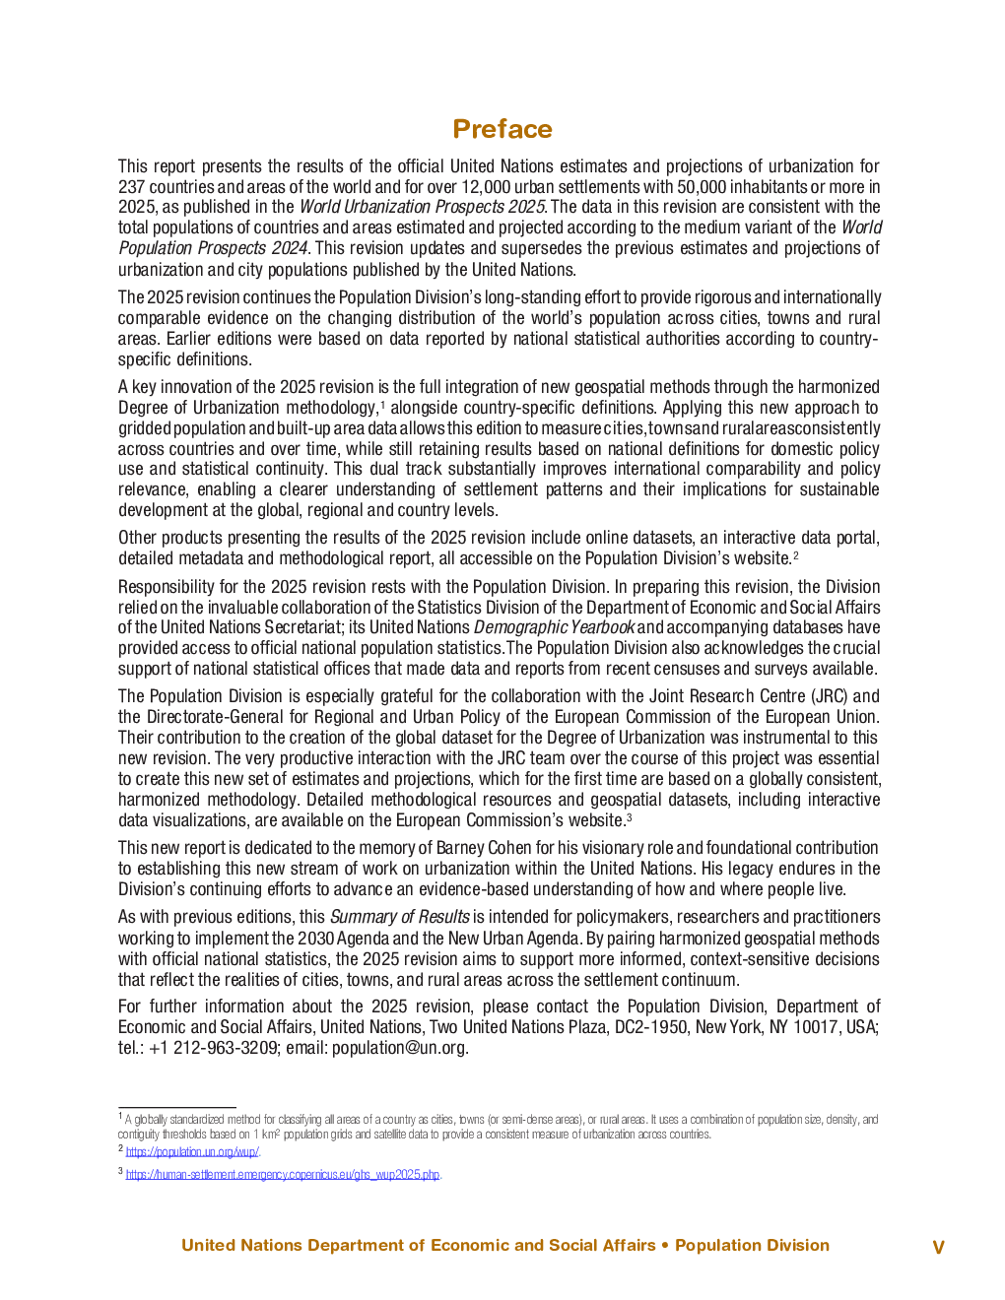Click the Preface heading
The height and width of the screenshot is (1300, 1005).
coord(502,129)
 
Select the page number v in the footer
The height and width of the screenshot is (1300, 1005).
coord(938,1247)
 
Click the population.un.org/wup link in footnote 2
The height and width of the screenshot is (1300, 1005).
coord(192,1151)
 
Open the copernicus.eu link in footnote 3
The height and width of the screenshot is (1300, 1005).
coord(282,1174)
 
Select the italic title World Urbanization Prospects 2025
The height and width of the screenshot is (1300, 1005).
coord(422,207)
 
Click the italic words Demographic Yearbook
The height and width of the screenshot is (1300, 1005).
coord(554,627)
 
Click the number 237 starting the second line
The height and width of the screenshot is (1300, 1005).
coord(132,187)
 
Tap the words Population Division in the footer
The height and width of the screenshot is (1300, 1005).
coord(752,1246)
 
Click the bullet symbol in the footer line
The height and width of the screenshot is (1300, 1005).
coord(665,1246)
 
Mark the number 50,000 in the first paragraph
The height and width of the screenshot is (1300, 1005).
coord(724,187)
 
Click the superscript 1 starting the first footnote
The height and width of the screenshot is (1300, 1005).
coord(120,1117)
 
